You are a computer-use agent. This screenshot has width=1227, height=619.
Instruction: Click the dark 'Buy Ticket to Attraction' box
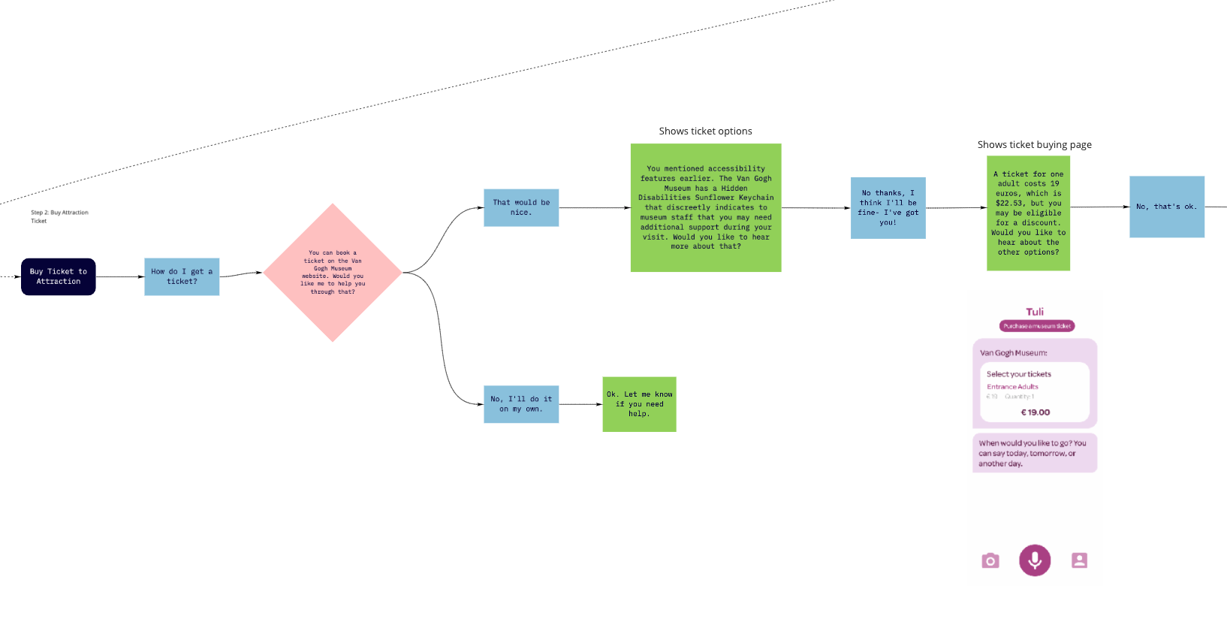(59, 276)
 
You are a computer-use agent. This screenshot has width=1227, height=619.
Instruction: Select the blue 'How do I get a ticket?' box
(182, 276)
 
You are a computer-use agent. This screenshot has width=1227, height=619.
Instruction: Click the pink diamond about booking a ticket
(333, 273)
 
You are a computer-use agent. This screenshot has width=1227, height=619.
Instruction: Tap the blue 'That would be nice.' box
(521, 207)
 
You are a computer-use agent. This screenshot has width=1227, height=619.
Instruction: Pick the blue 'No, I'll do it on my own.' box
(521, 404)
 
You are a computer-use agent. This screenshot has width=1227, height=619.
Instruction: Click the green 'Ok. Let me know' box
(639, 404)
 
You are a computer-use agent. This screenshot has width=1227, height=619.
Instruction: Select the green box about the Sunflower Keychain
(706, 207)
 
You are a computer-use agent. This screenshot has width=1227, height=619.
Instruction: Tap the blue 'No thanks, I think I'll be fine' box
(888, 208)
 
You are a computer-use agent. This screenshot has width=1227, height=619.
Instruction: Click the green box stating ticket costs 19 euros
(1028, 213)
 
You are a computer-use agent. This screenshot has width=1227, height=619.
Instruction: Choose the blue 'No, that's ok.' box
(1167, 207)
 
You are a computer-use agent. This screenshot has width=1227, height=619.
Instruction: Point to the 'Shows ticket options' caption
(705, 131)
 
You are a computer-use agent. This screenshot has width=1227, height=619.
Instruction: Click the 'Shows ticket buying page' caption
(1034, 145)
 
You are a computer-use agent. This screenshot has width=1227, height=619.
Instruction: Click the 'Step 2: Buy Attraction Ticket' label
(59, 216)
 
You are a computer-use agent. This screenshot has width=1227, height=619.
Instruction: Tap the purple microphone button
(1035, 560)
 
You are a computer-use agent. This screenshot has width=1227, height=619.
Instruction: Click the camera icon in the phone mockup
(990, 560)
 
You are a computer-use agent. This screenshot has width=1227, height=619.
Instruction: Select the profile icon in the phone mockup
(1079, 560)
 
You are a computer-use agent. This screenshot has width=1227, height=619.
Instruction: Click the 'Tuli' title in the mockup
(1035, 312)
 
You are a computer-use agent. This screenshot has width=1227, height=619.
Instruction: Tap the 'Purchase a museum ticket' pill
(1037, 326)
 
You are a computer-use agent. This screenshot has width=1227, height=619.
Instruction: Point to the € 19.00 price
(1036, 412)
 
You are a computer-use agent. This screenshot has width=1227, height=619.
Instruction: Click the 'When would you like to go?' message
(1034, 453)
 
